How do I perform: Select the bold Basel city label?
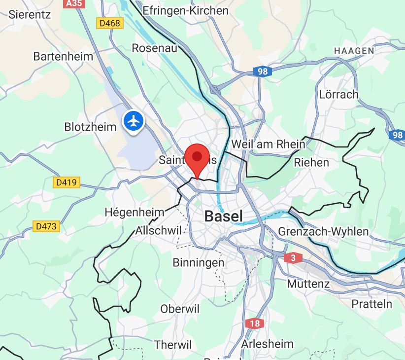coord(223,216)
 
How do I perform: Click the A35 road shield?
coord(73,3)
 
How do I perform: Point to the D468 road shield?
coord(109,24)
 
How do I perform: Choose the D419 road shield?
coord(67,182)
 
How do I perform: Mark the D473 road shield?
coord(47,226)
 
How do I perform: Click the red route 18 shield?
coord(254,324)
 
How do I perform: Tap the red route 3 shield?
coord(293,257)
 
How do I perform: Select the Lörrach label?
coord(338,94)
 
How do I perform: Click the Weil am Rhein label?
coord(268,144)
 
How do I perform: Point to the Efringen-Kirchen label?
coord(185,10)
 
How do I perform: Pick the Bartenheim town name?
coord(63,56)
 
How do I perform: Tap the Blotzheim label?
coord(90,127)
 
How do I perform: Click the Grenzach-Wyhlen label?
coord(323,231)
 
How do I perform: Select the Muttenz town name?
coord(308,284)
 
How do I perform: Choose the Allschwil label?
coord(159,230)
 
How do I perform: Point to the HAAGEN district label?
coord(354,51)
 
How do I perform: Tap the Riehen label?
coord(311,162)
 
